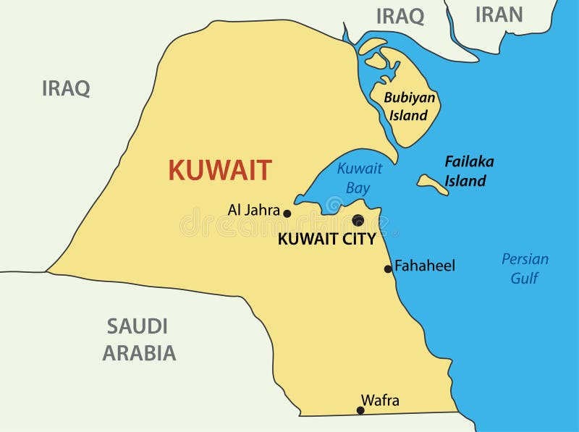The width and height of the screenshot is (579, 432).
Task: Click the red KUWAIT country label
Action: point(219,170)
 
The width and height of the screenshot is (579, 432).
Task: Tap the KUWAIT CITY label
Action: point(326,240)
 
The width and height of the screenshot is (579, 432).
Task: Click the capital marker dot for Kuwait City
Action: point(358,220)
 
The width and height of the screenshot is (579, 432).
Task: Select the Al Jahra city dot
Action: point(287,213)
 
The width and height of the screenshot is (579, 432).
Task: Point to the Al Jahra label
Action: point(253,211)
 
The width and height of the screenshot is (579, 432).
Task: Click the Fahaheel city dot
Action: point(388,269)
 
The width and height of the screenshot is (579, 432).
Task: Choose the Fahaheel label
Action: point(426,266)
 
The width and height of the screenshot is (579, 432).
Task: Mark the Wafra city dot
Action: point(360,410)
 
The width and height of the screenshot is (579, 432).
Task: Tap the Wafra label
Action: point(380,400)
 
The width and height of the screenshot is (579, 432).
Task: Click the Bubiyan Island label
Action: point(408,106)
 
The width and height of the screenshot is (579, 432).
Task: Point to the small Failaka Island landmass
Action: point(433,185)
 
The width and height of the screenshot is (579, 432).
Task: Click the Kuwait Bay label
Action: point(359,178)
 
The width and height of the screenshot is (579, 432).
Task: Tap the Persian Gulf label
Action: point(525,268)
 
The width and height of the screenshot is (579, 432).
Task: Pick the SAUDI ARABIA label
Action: point(139,339)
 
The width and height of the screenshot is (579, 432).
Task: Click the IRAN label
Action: point(498,14)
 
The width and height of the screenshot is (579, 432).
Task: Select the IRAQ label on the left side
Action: point(66,89)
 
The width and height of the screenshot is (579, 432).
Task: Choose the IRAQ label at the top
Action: point(400,17)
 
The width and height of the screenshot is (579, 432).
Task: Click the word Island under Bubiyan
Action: point(408,115)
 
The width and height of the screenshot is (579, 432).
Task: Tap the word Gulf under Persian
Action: point(525,278)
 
